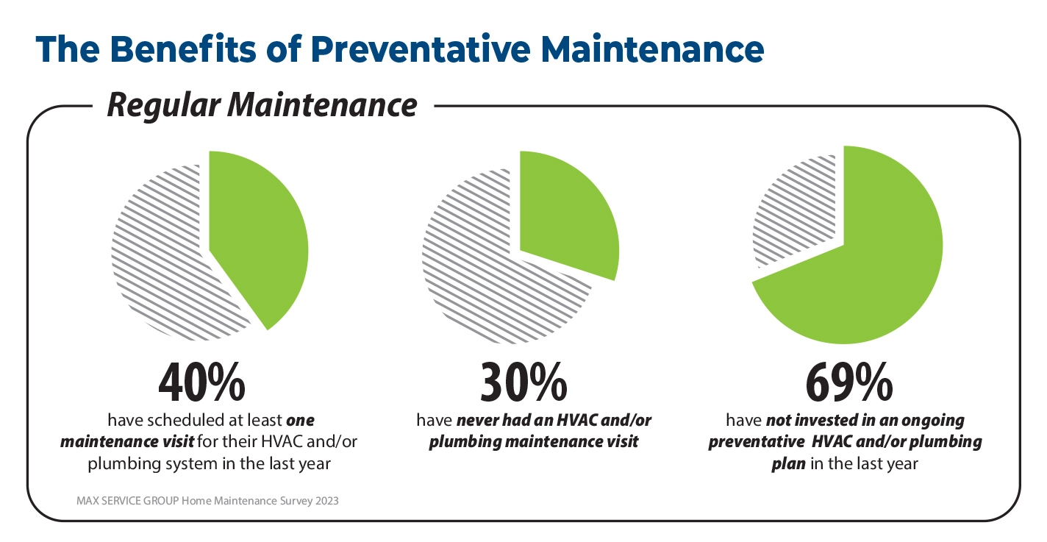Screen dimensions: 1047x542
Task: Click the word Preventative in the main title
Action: tap(421, 49)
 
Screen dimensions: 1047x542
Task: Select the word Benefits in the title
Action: tap(183, 49)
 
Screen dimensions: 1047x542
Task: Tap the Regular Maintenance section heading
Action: tap(262, 105)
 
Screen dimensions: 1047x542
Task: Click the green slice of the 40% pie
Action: tap(254, 234)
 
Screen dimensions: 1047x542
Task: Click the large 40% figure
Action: tap(201, 383)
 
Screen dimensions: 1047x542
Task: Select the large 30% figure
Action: tap(523, 383)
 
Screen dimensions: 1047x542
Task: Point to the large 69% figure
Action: tap(849, 383)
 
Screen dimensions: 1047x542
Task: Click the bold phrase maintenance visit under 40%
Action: tap(127, 442)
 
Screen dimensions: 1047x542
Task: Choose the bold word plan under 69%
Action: tap(788, 464)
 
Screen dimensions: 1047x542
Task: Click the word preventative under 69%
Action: tap(757, 442)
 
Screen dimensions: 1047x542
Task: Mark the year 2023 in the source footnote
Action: tap(326, 501)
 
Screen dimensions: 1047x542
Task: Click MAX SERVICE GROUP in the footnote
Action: tap(128, 501)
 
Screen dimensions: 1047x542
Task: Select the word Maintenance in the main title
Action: tap(652, 49)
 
